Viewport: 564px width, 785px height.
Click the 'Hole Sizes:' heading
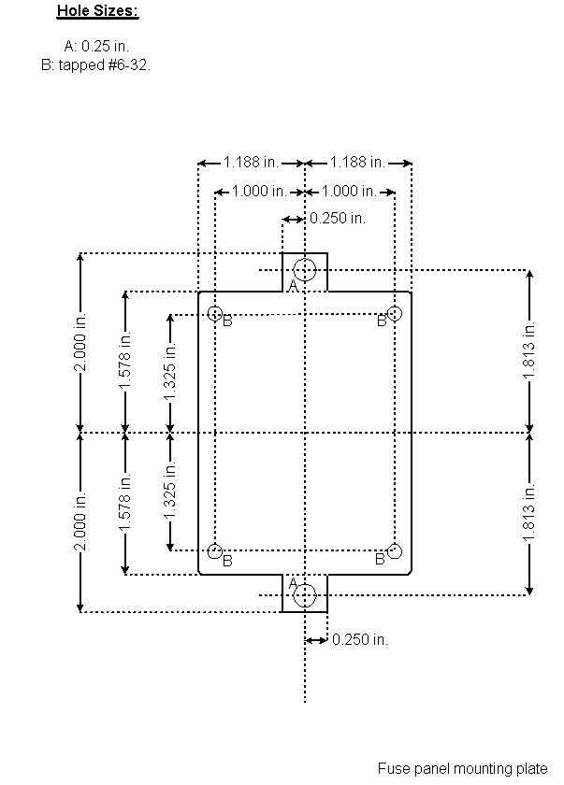click(x=97, y=11)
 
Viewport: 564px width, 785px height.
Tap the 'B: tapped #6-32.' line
click(x=95, y=65)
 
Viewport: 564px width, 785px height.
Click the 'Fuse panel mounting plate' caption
click(x=462, y=768)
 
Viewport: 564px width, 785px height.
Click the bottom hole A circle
click(x=305, y=594)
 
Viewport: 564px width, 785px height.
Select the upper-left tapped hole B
click(x=215, y=313)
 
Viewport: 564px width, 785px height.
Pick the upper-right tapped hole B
click(x=395, y=313)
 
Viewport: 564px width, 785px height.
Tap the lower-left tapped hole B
click(x=215, y=550)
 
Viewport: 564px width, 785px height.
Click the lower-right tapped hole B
click(x=395, y=550)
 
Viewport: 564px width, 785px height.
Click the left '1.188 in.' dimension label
click(x=251, y=163)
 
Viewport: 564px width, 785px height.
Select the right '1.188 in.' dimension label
click(x=357, y=163)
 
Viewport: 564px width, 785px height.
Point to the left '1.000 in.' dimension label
click(x=259, y=192)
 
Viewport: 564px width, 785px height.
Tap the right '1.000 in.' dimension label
click(x=349, y=192)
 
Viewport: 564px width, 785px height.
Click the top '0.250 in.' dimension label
click(x=337, y=219)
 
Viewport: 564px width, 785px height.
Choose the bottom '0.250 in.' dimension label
click(x=359, y=640)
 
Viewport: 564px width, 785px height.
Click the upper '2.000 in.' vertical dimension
click(x=80, y=342)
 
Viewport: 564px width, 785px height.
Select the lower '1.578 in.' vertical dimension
click(x=125, y=504)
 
